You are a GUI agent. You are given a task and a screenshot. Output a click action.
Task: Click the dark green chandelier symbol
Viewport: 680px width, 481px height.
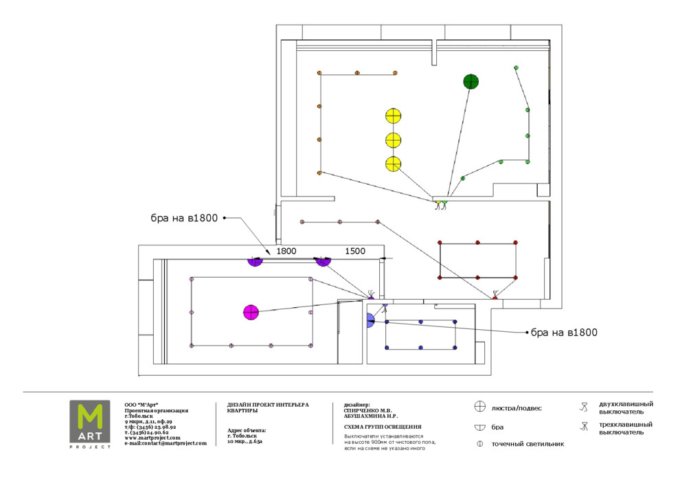click(x=471, y=82)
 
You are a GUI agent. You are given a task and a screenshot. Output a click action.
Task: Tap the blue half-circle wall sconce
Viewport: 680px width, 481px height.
click(x=370, y=319)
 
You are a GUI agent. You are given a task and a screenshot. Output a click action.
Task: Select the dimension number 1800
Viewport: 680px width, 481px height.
click(x=286, y=251)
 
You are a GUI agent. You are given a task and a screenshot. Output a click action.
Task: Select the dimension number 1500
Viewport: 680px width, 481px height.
click(x=354, y=251)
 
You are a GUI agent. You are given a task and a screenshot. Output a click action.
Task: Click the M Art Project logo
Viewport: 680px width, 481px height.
click(x=89, y=424)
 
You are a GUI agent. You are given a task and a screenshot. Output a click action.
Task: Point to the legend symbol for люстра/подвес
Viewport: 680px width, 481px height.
click(x=480, y=407)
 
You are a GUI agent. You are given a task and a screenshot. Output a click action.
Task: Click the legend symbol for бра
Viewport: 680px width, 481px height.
click(x=480, y=427)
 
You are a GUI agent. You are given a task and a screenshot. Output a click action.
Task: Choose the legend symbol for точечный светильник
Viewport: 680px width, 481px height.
click(x=480, y=444)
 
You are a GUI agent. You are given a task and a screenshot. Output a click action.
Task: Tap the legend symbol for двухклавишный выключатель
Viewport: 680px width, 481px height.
click(x=584, y=407)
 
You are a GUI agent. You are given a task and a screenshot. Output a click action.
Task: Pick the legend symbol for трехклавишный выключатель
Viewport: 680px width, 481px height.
click(x=584, y=427)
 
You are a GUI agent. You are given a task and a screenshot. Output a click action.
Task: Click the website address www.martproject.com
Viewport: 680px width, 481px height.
click(x=152, y=438)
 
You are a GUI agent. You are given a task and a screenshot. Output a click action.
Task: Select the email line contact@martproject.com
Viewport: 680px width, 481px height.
click(x=166, y=443)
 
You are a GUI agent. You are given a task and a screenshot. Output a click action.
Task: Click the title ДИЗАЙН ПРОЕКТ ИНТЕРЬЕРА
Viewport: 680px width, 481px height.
click(x=268, y=405)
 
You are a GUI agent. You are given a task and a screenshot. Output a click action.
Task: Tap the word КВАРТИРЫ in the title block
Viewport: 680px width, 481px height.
click(x=242, y=411)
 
